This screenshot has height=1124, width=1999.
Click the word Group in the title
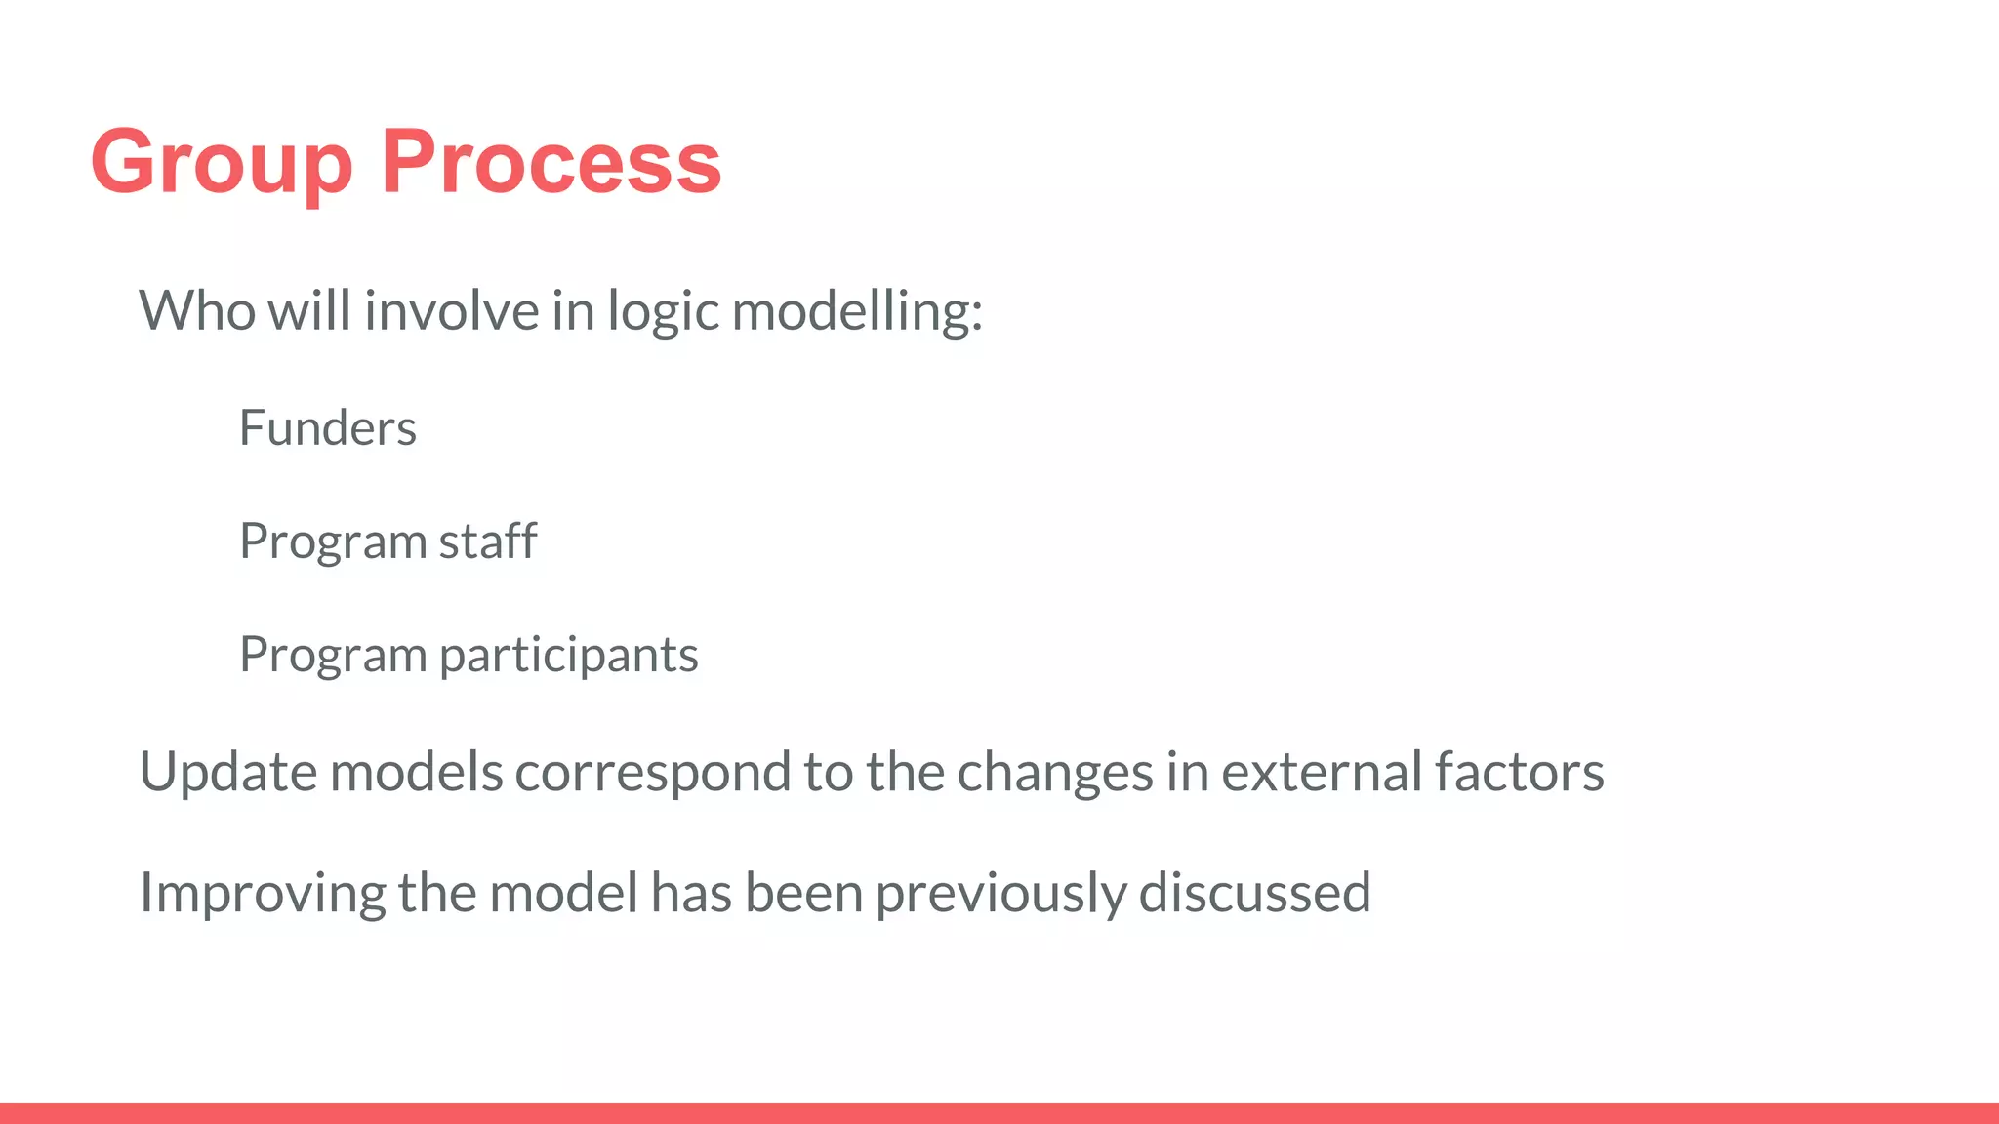(221, 164)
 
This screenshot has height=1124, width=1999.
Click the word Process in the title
(551, 162)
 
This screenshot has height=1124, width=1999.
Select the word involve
(452, 311)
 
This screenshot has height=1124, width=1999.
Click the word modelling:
(857, 313)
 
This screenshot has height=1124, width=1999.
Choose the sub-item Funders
(328, 428)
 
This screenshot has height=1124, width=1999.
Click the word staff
(488, 541)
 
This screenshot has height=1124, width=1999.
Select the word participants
(569, 655)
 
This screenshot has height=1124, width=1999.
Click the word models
(416, 772)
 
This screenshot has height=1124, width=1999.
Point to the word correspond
(653, 774)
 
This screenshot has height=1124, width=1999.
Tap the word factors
(1520, 772)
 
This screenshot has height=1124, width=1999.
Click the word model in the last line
(563, 892)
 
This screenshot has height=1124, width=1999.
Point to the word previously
(1000, 894)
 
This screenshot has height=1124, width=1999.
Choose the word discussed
(1254, 892)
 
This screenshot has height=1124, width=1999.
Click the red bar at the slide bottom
(999, 1113)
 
